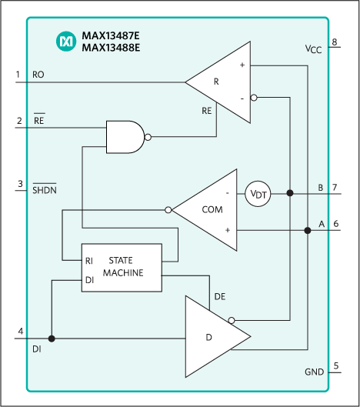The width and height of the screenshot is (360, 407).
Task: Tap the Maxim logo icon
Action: point(66,42)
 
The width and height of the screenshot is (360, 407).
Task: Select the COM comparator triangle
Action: point(205,209)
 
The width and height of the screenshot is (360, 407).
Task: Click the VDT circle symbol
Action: point(258,194)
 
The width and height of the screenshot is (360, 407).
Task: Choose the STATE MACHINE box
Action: point(122,267)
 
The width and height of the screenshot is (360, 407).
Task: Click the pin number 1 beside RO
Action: point(18,75)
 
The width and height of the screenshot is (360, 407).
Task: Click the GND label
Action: point(314,372)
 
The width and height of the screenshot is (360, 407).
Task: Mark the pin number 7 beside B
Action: point(335,187)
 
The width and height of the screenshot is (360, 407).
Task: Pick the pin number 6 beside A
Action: point(335,223)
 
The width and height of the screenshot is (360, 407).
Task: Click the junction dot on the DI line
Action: point(52,338)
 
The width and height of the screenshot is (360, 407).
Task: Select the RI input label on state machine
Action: point(90,261)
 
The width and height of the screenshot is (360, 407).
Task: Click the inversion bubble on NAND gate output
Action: point(148,137)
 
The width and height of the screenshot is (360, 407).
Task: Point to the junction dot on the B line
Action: point(290,194)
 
